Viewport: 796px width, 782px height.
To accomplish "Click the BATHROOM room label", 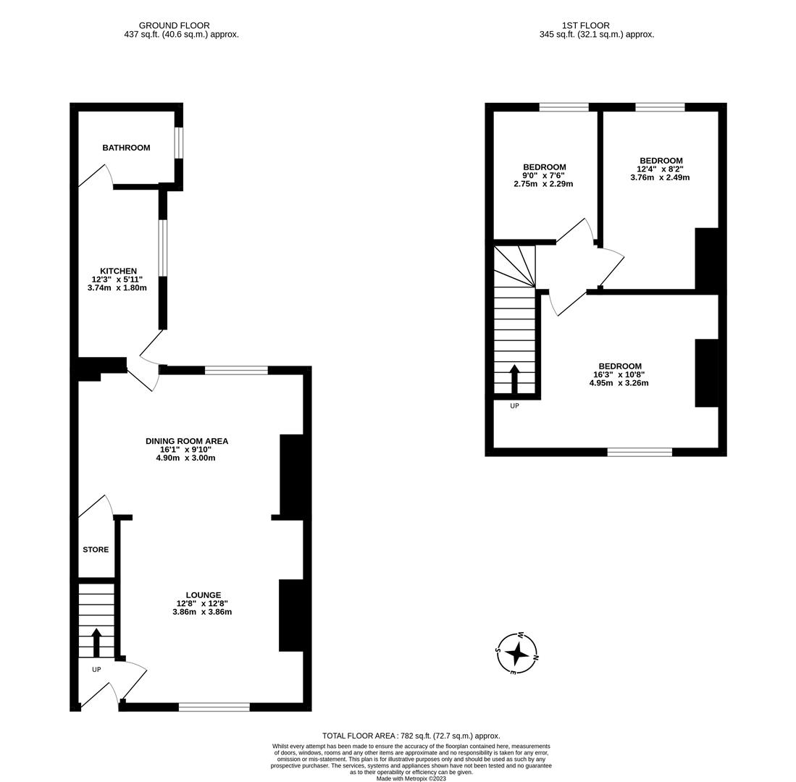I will (x=126, y=148).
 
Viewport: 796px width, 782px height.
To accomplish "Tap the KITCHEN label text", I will (x=118, y=271).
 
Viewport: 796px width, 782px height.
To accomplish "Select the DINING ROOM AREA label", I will (x=186, y=441).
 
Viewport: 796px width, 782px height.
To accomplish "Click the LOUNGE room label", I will (x=203, y=595).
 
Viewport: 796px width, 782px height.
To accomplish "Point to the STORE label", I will (x=96, y=550).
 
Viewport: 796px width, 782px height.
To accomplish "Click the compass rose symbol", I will (x=517, y=652).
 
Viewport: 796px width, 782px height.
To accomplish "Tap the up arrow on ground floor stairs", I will (x=96, y=641).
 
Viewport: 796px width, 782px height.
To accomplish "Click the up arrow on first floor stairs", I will (x=514, y=377).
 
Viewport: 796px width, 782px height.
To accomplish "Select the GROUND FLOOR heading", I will (x=174, y=25).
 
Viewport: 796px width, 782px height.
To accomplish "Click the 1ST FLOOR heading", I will (x=585, y=25).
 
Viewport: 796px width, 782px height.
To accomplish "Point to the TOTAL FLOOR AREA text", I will (x=411, y=736).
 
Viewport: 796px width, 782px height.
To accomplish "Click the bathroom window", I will (x=179, y=143).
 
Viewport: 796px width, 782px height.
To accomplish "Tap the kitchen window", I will (x=163, y=248).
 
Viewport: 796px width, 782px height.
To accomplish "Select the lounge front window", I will (x=214, y=707).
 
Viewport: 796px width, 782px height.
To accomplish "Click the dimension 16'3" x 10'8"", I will (x=619, y=374).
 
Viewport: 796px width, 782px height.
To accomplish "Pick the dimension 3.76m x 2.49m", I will (x=660, y=177).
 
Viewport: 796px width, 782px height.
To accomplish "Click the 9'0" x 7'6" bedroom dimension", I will (x=543, y=175).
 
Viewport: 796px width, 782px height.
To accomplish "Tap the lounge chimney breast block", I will (x=290, y=615).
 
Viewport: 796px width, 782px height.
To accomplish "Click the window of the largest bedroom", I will (x=639, y=452).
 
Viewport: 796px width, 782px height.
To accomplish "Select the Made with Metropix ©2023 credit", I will (x=411, y=778).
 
